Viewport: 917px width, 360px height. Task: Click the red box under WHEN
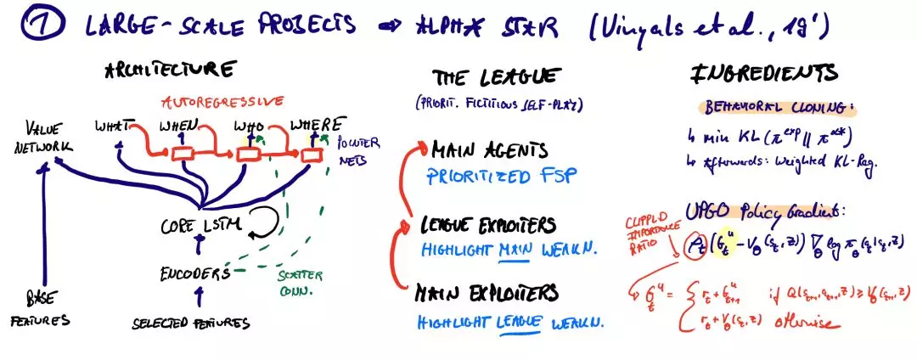pos(184,155)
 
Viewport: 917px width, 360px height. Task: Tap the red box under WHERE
pos(311,155)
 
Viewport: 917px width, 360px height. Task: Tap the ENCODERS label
pos(195,273)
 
